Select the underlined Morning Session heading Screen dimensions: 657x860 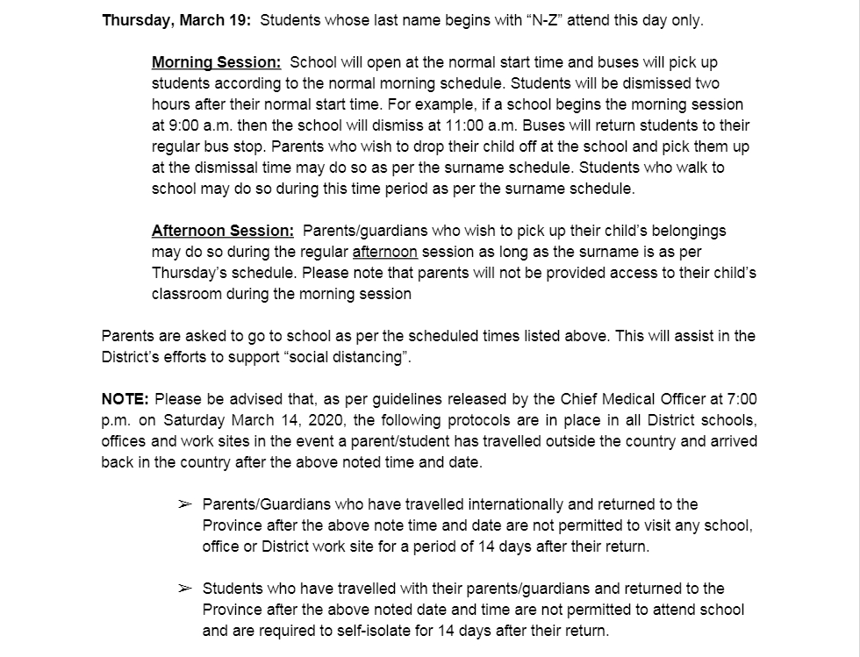click(216, 63)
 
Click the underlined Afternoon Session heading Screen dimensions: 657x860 click(223, 232)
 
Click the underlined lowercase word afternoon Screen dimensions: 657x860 click(384, 253)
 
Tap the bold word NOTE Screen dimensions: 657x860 click(125, 400)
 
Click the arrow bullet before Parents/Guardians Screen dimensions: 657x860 click(184, 505)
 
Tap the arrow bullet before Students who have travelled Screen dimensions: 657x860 click(184, 589)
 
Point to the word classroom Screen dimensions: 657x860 click(187, 295)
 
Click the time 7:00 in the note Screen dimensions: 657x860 click(742, 400)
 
